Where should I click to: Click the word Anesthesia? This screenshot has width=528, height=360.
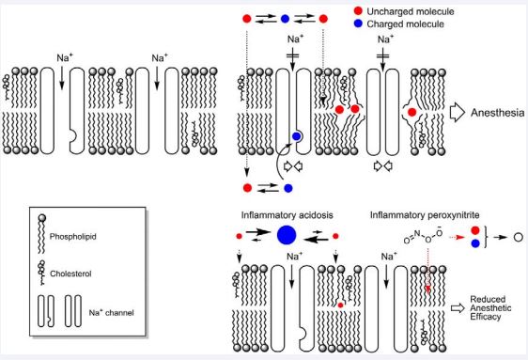(x=497, y=113)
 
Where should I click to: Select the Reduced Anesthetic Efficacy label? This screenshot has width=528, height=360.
(x=490, y=307)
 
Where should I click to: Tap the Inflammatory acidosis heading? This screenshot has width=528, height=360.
(x=287, y=215)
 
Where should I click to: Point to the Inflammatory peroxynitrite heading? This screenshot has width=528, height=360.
(x=425, y=215)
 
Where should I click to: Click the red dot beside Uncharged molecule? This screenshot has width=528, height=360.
(x=358, y=11)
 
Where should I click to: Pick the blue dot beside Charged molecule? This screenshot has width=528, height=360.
(x=358, y=23)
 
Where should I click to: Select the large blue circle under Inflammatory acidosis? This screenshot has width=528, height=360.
(x=287, y=235)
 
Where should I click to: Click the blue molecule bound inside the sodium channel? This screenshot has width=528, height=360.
(x=296, y=136)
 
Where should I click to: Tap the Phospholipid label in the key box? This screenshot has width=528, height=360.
(x=72, y=237)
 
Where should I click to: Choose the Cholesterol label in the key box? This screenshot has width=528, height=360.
(x=70, y=274)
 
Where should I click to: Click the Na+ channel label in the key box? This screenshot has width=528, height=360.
(x=111, y=312)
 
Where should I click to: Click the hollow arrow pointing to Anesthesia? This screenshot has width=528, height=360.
(x=457, y=112)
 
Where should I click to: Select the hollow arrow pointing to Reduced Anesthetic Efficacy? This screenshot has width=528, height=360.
(x=458, y=307)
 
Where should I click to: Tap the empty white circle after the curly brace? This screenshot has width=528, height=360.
(x=519, y=237)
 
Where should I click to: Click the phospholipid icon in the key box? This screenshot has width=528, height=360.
(x=42, y=234)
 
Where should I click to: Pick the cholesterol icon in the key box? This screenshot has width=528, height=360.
(x=42, y=273)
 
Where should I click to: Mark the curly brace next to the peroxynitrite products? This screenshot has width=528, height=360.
(x=487, y=237)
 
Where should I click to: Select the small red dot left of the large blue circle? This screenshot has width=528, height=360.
(x=239, y=236)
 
